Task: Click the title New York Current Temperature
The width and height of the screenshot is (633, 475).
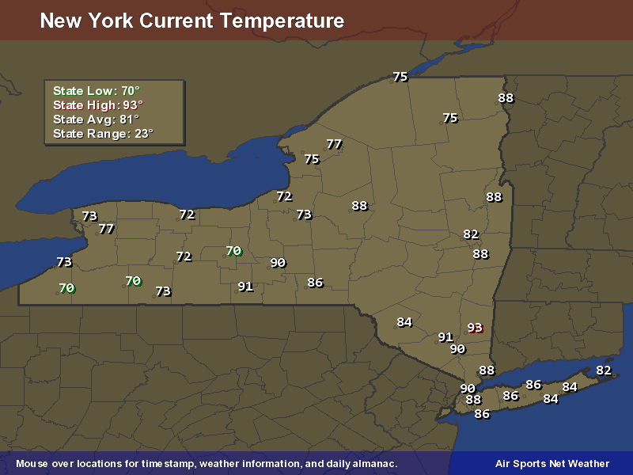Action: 191,21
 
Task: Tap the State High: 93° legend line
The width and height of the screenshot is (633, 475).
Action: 98,105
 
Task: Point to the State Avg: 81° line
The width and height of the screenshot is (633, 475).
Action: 96,120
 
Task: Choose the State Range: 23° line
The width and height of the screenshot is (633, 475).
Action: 103,134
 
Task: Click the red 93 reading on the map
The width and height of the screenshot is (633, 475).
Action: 475,328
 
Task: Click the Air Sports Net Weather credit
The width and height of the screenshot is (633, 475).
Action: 552,463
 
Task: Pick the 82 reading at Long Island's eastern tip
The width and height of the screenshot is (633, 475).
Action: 604,370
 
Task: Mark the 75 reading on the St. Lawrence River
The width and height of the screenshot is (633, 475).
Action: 400,77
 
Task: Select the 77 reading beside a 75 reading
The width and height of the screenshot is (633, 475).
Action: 334,144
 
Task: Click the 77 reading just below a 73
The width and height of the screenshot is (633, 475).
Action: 106,229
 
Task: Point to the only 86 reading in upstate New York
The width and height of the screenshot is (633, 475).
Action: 315,283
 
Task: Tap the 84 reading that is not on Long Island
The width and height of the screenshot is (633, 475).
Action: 404,322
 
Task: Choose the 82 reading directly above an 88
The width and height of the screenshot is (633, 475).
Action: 471,234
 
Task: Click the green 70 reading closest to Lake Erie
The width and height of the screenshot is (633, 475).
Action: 66,288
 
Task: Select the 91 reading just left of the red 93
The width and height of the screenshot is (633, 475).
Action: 445,337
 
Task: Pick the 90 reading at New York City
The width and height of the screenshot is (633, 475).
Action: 468,389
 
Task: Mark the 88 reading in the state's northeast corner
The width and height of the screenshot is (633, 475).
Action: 506,98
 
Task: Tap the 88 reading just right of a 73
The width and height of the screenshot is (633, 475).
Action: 359,206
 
